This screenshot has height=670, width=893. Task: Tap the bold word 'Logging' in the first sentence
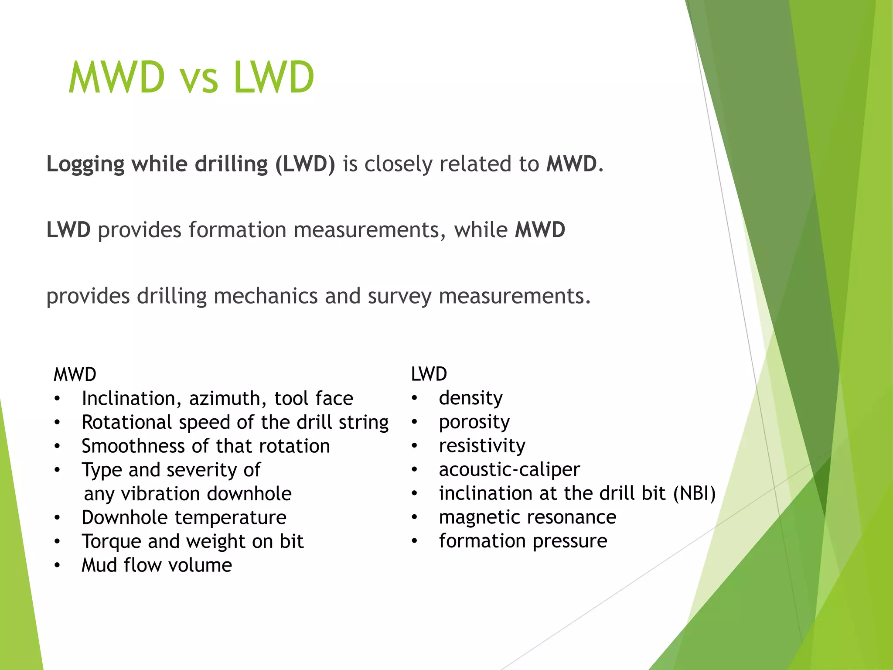[85, 164]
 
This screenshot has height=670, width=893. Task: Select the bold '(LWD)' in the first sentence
[305, 164]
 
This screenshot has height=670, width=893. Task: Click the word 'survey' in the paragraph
[399, 296]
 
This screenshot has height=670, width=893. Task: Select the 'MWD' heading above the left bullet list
[75, 375]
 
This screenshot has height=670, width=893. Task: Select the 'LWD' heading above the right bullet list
[429, 374]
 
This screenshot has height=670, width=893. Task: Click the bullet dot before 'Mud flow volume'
[57, 565]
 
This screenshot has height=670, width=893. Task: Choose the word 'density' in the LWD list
[470, 398]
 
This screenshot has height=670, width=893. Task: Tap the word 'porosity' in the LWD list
[474, 422]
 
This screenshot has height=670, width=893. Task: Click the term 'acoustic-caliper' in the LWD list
[509, 469]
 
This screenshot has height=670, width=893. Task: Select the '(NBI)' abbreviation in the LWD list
[694, 493]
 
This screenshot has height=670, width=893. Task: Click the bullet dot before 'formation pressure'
[414, 541]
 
